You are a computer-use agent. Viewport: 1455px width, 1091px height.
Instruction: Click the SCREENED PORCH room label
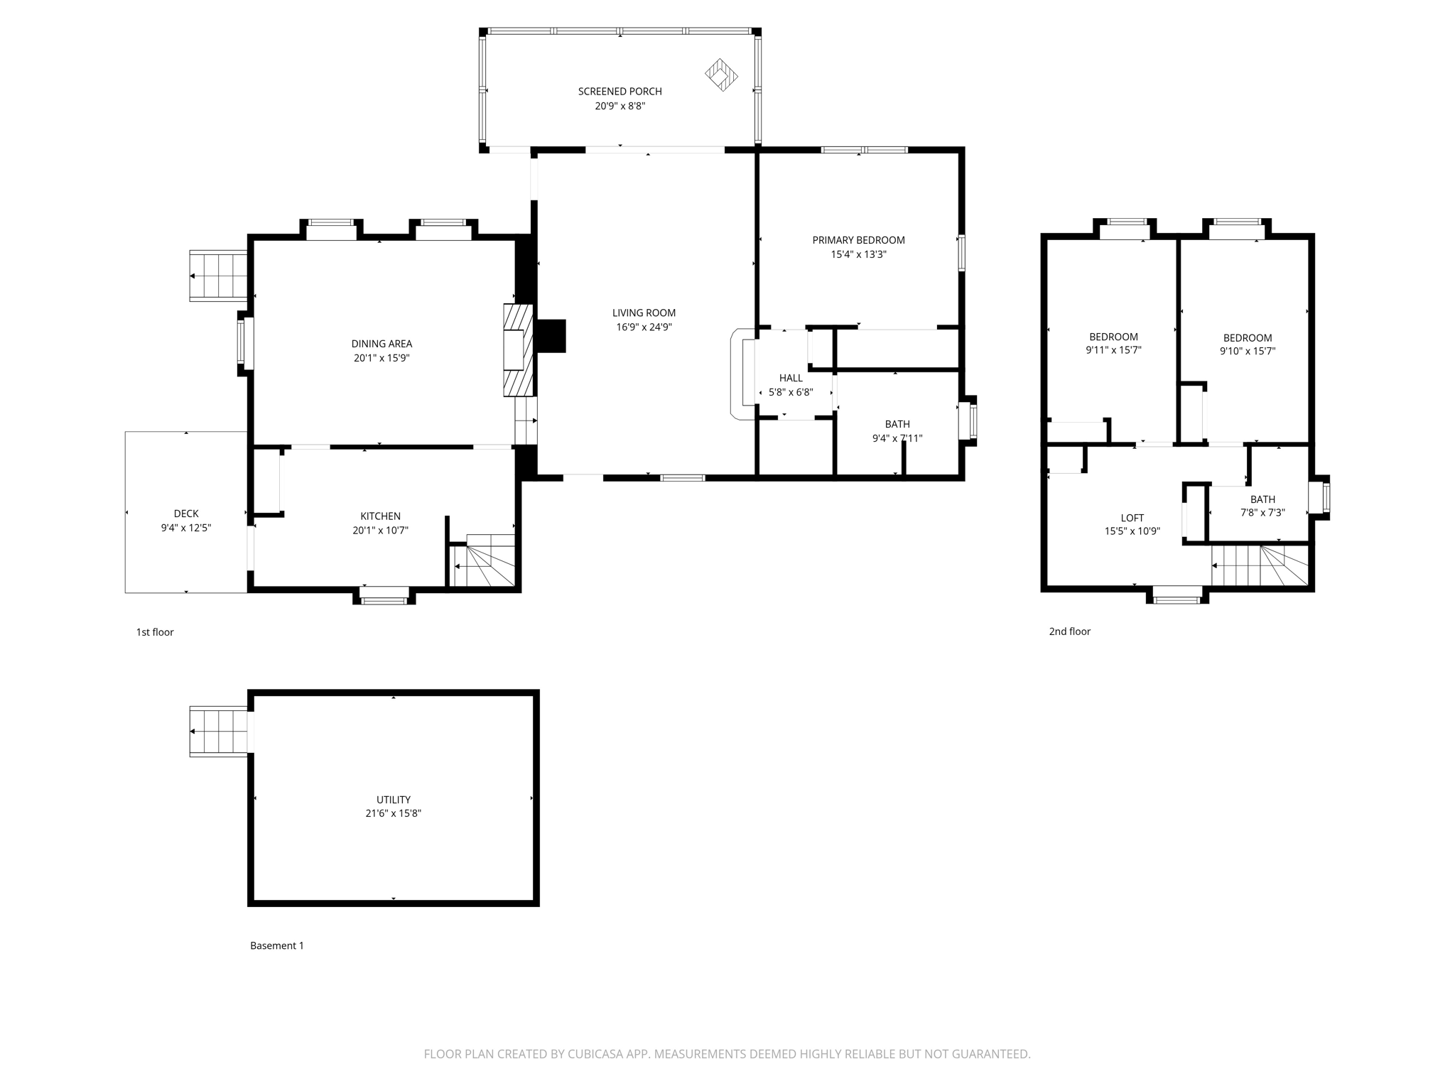click(x=620, y=92)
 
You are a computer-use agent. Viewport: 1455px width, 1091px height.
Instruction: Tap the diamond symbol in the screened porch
click(x=721, y=75)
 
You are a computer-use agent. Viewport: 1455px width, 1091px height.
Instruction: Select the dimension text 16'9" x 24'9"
click(x=644, y=327)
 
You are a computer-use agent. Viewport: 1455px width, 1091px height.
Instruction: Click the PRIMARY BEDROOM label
click(x=858, y=240)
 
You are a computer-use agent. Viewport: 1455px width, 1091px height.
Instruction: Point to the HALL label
click(x=790, y=378)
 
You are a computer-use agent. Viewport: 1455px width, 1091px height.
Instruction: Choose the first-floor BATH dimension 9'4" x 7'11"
click(x=897, y=438)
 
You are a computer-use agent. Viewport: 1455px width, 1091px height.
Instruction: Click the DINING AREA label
click(x=382, y=344)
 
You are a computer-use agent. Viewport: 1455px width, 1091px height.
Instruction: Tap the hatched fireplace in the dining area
click(x=518, y=349)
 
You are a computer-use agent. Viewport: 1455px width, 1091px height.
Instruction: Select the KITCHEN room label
click(x=380, y=516)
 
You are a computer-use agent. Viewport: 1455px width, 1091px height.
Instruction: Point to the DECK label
click(x=186, y=514)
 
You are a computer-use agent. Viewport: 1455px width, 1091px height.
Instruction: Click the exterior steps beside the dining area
click(x=218, y=276)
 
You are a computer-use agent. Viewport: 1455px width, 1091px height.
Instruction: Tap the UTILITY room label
click(x=394, y=800)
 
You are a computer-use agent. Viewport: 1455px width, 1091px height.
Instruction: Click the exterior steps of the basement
click(x=218, y=732)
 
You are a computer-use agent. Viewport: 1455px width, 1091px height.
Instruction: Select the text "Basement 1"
click(x=277, y=945)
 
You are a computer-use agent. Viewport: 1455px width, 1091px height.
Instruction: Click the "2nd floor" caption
click(x=1069, y=631)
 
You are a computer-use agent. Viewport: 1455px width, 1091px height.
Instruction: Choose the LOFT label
click(x=1132, y=518)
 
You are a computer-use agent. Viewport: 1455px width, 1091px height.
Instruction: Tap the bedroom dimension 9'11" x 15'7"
click(x=1113, y=350)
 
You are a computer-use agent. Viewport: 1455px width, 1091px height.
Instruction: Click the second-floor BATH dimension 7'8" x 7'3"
click(x=1262, y=512)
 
